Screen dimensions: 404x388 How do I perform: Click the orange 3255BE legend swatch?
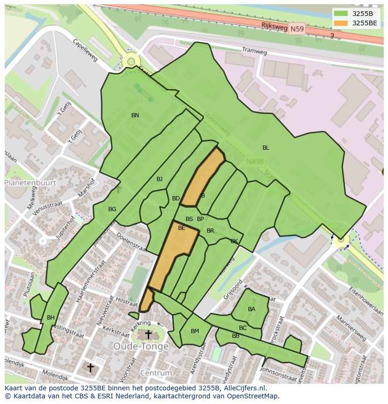click(x=341, y=23)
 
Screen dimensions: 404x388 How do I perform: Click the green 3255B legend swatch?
click(x=341, y=14)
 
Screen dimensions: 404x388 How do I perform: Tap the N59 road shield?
click(x=296, y=29)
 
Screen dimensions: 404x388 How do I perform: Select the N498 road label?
click(x=255, y=161)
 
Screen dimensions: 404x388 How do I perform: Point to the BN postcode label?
click(x=135, y=115)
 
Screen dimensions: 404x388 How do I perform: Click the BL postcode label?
click(x=266, y=148)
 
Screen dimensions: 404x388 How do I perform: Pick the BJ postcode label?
click(x=159, y=179)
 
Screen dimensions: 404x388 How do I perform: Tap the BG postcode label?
click(x=112, y=209)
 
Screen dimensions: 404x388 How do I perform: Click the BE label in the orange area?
click(x=181, y=228)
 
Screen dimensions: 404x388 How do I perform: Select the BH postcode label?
click(x=51, y=318)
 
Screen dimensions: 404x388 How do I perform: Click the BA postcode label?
click(x=252, y=309)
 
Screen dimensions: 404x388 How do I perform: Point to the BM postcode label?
click(x=195, y=331)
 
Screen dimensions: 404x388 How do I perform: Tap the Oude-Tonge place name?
click(x=141, y=347)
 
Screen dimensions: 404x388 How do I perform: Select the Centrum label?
click(x=156, y=373)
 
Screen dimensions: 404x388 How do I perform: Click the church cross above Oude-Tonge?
click(x=148, y=335)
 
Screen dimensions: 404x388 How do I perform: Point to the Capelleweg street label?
click(x=85, y=50)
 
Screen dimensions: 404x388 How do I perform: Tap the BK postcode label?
click(x=234, y=241)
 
